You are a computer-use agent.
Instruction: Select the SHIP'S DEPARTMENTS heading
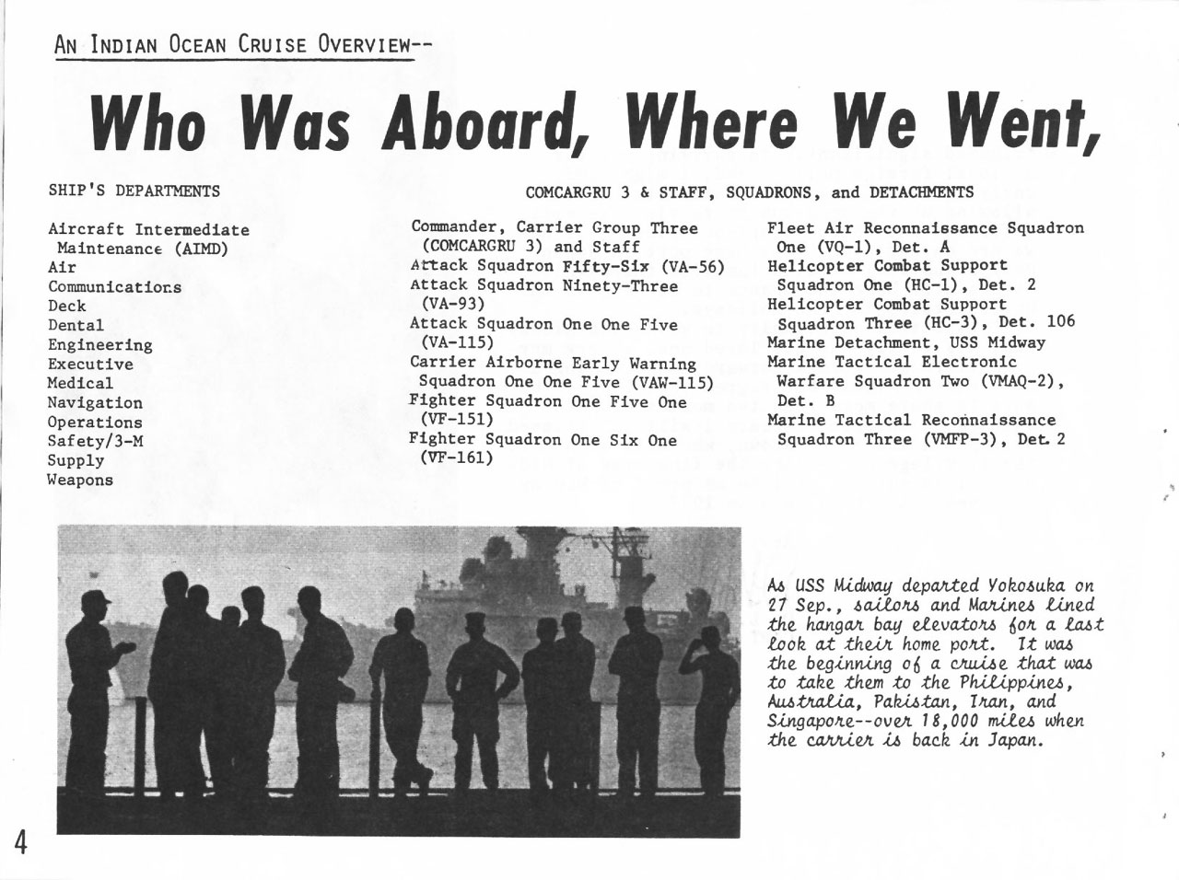coord(134,191)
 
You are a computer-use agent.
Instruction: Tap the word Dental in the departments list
coord(76,325)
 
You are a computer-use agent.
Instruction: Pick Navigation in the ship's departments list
coord(95,402)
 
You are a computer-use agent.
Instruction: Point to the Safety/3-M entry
coord(95,441)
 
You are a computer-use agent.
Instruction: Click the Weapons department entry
coord(80,480)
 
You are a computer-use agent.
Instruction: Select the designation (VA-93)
coord(452,304)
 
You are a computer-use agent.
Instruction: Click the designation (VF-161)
coord(456,457)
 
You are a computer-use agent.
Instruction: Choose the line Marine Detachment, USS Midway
coord(906,342)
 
